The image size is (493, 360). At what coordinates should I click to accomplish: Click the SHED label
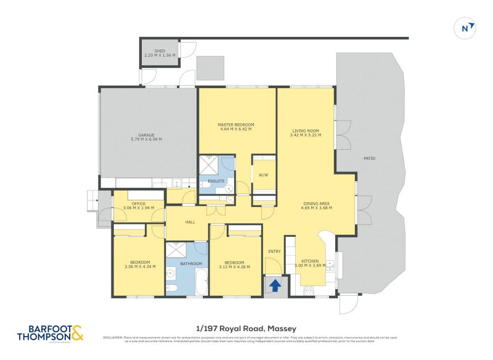point(160,51)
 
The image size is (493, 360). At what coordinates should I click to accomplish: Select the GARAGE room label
point(146,135)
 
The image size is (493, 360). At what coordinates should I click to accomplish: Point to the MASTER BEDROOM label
point(235,125)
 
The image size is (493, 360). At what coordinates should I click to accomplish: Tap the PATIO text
point(369,158)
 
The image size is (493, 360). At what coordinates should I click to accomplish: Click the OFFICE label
point(138,203)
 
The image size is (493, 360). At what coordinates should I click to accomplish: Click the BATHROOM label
point(187,264)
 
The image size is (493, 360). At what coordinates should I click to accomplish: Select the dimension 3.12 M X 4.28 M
point(235,266)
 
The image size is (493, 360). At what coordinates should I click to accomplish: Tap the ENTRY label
point(274,251)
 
